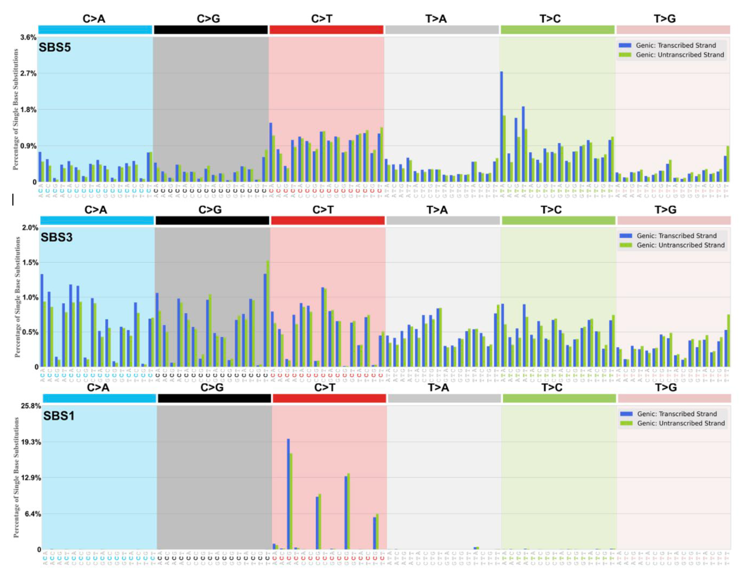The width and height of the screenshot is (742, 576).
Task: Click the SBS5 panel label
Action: tap(55, 47)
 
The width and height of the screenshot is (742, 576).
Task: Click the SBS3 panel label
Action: tap(56, 237)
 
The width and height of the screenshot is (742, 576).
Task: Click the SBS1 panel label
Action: tap(58, 415)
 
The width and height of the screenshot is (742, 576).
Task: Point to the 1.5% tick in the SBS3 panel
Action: tap(30, 262)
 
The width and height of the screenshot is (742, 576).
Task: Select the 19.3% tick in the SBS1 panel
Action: tap(31, 442)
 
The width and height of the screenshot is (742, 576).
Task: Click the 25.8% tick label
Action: tap(31, 406)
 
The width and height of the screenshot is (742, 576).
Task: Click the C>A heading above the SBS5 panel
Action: tap(94, 19)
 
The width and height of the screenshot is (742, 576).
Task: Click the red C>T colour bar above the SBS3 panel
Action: tap(327, 221)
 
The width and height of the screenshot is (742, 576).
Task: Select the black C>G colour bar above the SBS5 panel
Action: tap(211, 30)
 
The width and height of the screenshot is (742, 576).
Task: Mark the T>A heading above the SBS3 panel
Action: tap(437, 210)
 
